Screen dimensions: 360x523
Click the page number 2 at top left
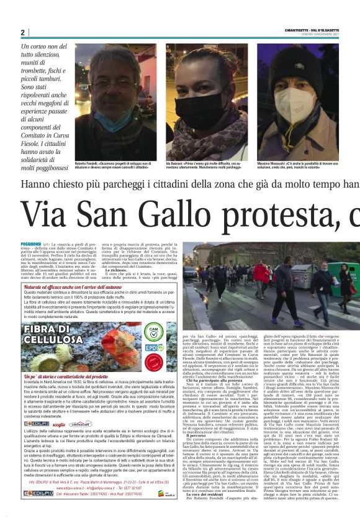tap(22, 32)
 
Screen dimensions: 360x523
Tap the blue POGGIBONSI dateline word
tap(31, 245)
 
